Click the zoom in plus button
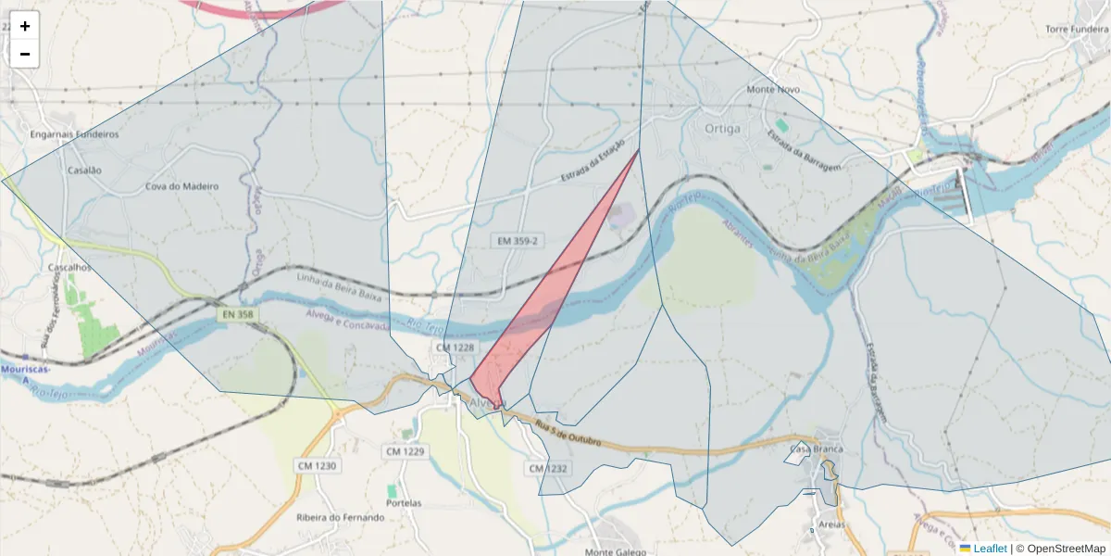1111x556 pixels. [25, 26]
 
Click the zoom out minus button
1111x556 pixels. [25, 54]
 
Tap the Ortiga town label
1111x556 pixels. [722, 129]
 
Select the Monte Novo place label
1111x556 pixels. [773, 90]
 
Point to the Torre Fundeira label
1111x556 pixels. [1077, 30]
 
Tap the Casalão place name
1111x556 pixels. [84, 171]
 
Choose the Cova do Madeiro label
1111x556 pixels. [181, 186]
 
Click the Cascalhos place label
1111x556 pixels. [70, 267]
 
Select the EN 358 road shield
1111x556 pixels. [237, 315]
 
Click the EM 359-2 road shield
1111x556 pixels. [516, 240]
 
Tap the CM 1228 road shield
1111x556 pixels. [455, 347]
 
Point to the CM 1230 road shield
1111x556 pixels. [318, 465]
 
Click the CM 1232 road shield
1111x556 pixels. [548, 469]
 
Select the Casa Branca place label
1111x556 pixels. [816, 449]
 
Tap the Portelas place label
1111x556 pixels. [404, 503]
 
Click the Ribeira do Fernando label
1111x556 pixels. [340, 518]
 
